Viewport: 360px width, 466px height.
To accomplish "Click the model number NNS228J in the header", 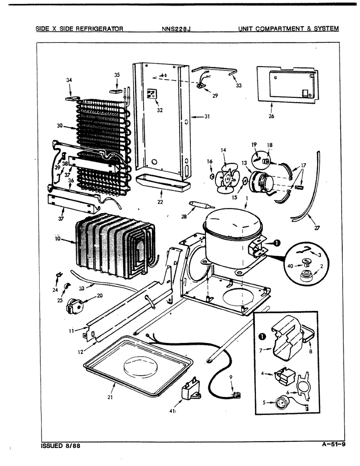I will point(176,29).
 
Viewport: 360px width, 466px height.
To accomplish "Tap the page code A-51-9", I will point(333,444).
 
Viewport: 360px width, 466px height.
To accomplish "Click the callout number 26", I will point(271,116).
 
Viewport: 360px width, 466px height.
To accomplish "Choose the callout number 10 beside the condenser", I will point(57,239).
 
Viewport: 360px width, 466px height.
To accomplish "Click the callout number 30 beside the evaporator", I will point(59,126).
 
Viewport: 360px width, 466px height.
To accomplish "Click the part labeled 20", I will point(75,305).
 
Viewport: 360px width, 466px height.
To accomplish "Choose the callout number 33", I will point(239,85).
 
